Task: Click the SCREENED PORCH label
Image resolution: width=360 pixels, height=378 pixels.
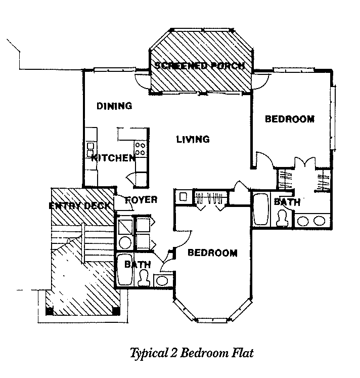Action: pos(200,66)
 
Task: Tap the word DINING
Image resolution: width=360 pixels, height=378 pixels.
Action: pos(114,106)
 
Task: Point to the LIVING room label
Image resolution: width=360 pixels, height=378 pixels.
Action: pos(193,139)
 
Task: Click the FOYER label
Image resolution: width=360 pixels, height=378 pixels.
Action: pos(141,199)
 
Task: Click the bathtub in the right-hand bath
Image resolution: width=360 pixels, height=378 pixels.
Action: pos(261,209)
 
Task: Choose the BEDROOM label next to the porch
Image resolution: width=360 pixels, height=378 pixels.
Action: pos(290,119)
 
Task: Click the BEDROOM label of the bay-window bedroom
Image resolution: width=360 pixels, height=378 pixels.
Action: pos(212,253)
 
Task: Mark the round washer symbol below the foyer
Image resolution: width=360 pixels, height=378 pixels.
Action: pos(124,241)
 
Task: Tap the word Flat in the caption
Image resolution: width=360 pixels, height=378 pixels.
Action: pos(242,353)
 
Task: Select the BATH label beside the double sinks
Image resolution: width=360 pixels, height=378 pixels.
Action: pos(287,202)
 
